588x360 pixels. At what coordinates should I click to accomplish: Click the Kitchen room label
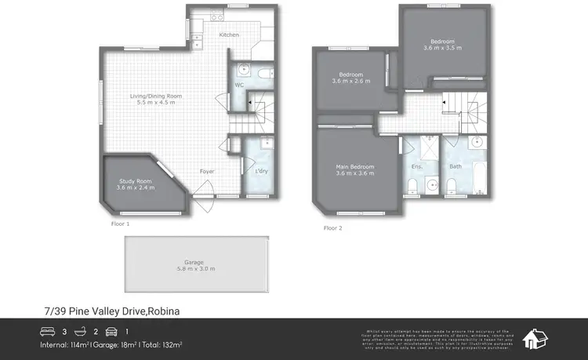pyautogui.click(x=229, y=35)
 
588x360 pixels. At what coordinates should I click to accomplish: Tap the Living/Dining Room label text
pyautogui.click(x=155, y=96)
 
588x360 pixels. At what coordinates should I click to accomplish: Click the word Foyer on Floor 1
pyautogui.click(x=207, y=171)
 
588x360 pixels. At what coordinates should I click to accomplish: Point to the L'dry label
pyautogui.click(x=261, y=171)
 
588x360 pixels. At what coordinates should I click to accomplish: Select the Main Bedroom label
pyautogui.click(x=355, y=166)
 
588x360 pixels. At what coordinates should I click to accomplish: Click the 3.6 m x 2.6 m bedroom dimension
pyautogui.click(x=350, y=82)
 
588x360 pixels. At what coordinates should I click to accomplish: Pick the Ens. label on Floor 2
pyautogui.click(x=416, y=166)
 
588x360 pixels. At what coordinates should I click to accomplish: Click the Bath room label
pyautogui.click(x=456, y=166)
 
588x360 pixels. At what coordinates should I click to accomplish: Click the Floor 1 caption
pyautogui.click(x=120, y=224)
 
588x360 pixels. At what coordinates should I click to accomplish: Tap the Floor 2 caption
pyautogui.click(x=332, y=228)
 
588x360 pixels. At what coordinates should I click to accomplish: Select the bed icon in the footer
pyautogui.click(x=48, y=331)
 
